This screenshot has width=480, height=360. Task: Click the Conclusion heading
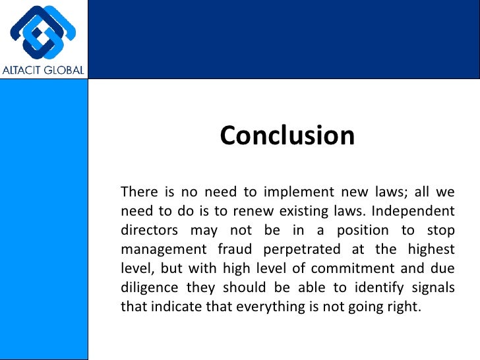287,135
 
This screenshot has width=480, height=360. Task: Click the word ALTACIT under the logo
24,70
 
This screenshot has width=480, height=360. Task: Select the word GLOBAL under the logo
65,70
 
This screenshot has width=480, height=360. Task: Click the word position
358,231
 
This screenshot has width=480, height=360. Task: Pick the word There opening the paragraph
139,193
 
